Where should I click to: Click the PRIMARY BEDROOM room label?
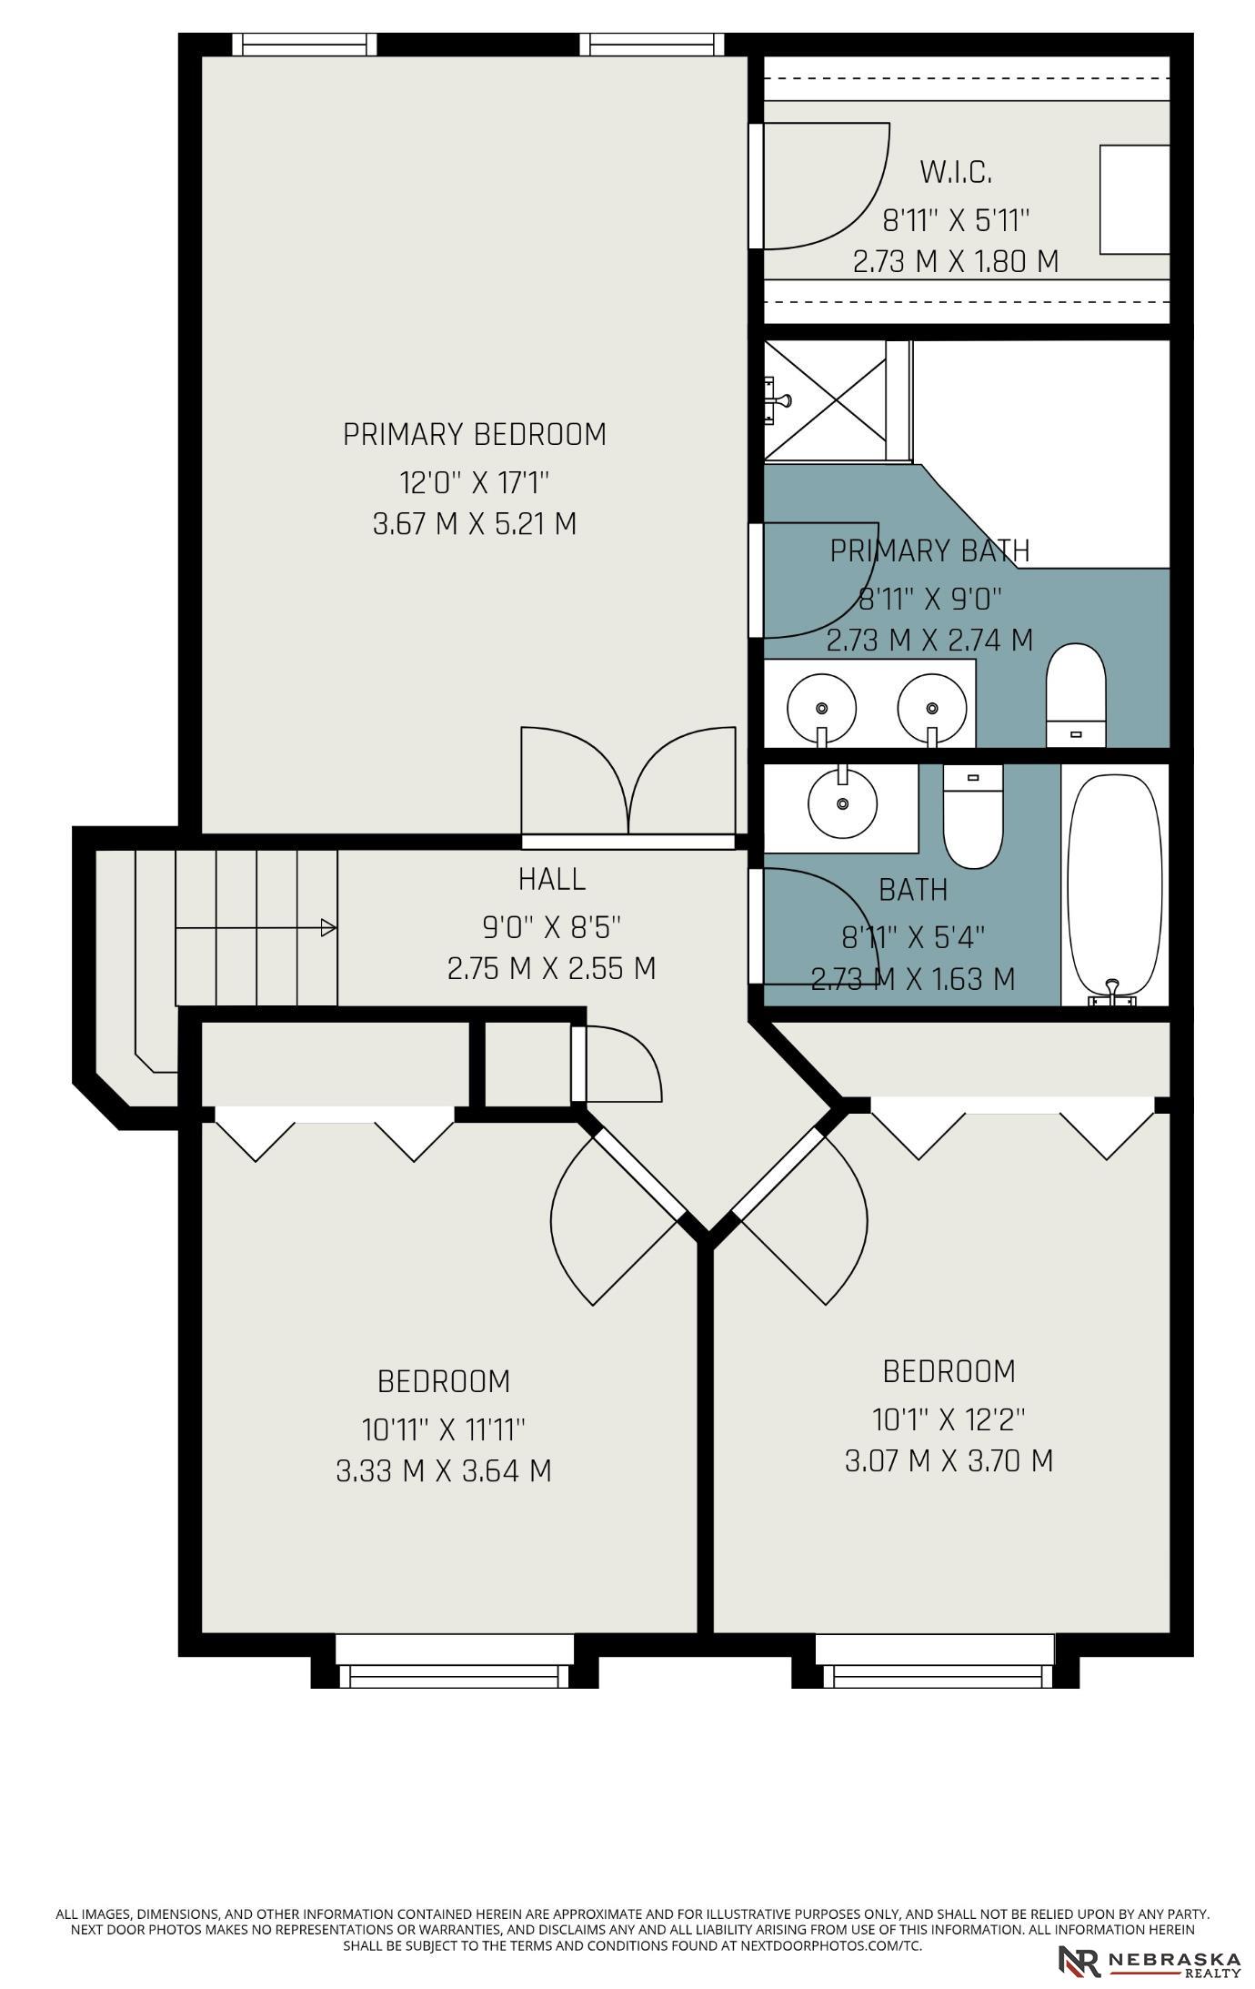point(474,435)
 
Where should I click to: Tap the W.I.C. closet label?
point(955,171)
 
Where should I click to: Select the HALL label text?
point(551,879)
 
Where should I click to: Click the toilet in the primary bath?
point(1076,695)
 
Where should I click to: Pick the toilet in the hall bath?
point(972,815)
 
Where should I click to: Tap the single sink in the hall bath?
point(843,801)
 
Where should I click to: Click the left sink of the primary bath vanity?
point(821,710)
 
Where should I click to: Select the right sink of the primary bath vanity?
point(931,710)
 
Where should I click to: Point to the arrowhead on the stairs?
point(328,928)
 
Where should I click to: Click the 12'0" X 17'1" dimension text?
point(474,481)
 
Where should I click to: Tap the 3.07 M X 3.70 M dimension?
point(949,1460)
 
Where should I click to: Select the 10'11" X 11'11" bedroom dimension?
point(444,1429)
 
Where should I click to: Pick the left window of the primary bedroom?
point(304,45)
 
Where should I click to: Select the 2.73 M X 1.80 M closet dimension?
point(955,261)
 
